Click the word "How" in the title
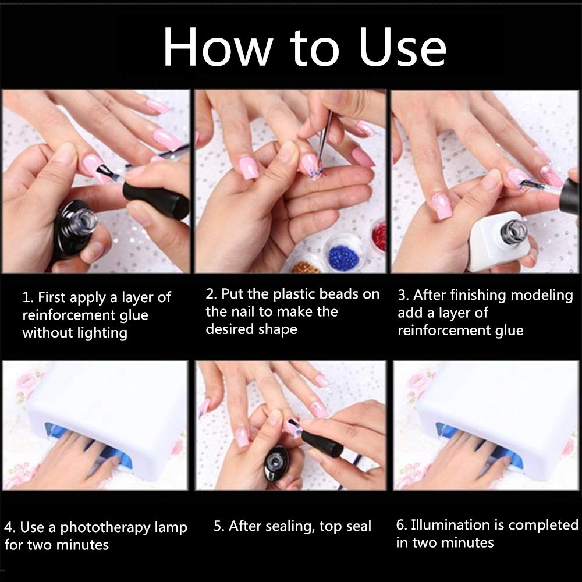pyautogui.click(x=218, y=47)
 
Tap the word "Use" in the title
pyautogui.click(x=402, y=47)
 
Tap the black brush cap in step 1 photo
pyautogui.click(x=156, y=199)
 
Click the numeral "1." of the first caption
pyautogui.click(x=28, y=297)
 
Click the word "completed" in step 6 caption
pyautogui.click(x=543, y=525)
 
